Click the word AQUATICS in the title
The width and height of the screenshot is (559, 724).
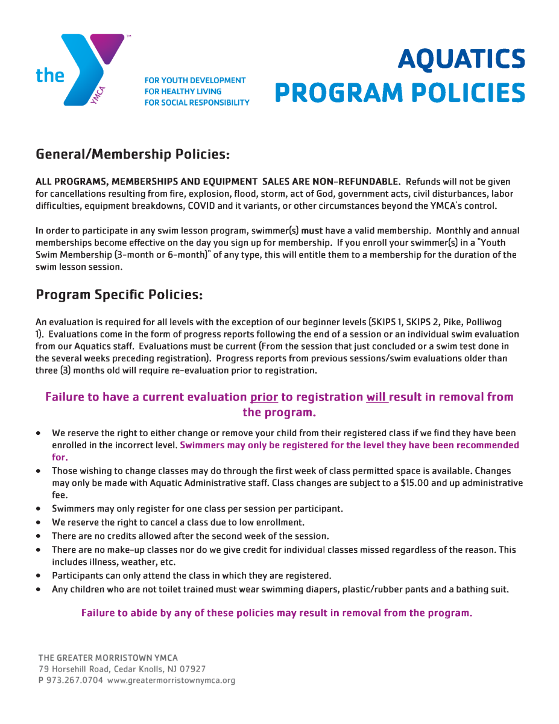coord(461,59)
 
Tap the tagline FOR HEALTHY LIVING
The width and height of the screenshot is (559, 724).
coord(183,91)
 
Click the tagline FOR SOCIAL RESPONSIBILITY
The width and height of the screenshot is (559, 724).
coord(197,103)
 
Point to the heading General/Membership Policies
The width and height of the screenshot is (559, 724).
coord(133,154)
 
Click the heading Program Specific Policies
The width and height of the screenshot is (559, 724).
coord(119,294)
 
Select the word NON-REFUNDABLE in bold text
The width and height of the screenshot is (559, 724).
coord(356,182)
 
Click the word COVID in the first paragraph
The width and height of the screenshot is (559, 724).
coord(202,206)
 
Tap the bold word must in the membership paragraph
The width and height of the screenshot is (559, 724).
coord(312,231)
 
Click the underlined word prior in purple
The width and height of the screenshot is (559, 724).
coord(264,397)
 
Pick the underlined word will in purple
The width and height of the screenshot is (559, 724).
coord(376,397)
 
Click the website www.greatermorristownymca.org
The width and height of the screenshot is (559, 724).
coord(171,680)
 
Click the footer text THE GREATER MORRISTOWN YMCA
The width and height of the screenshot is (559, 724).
coord(108,658)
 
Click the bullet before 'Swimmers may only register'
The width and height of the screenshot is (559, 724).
coord(39,509)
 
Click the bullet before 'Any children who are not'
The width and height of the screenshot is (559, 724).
coord(39,589)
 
